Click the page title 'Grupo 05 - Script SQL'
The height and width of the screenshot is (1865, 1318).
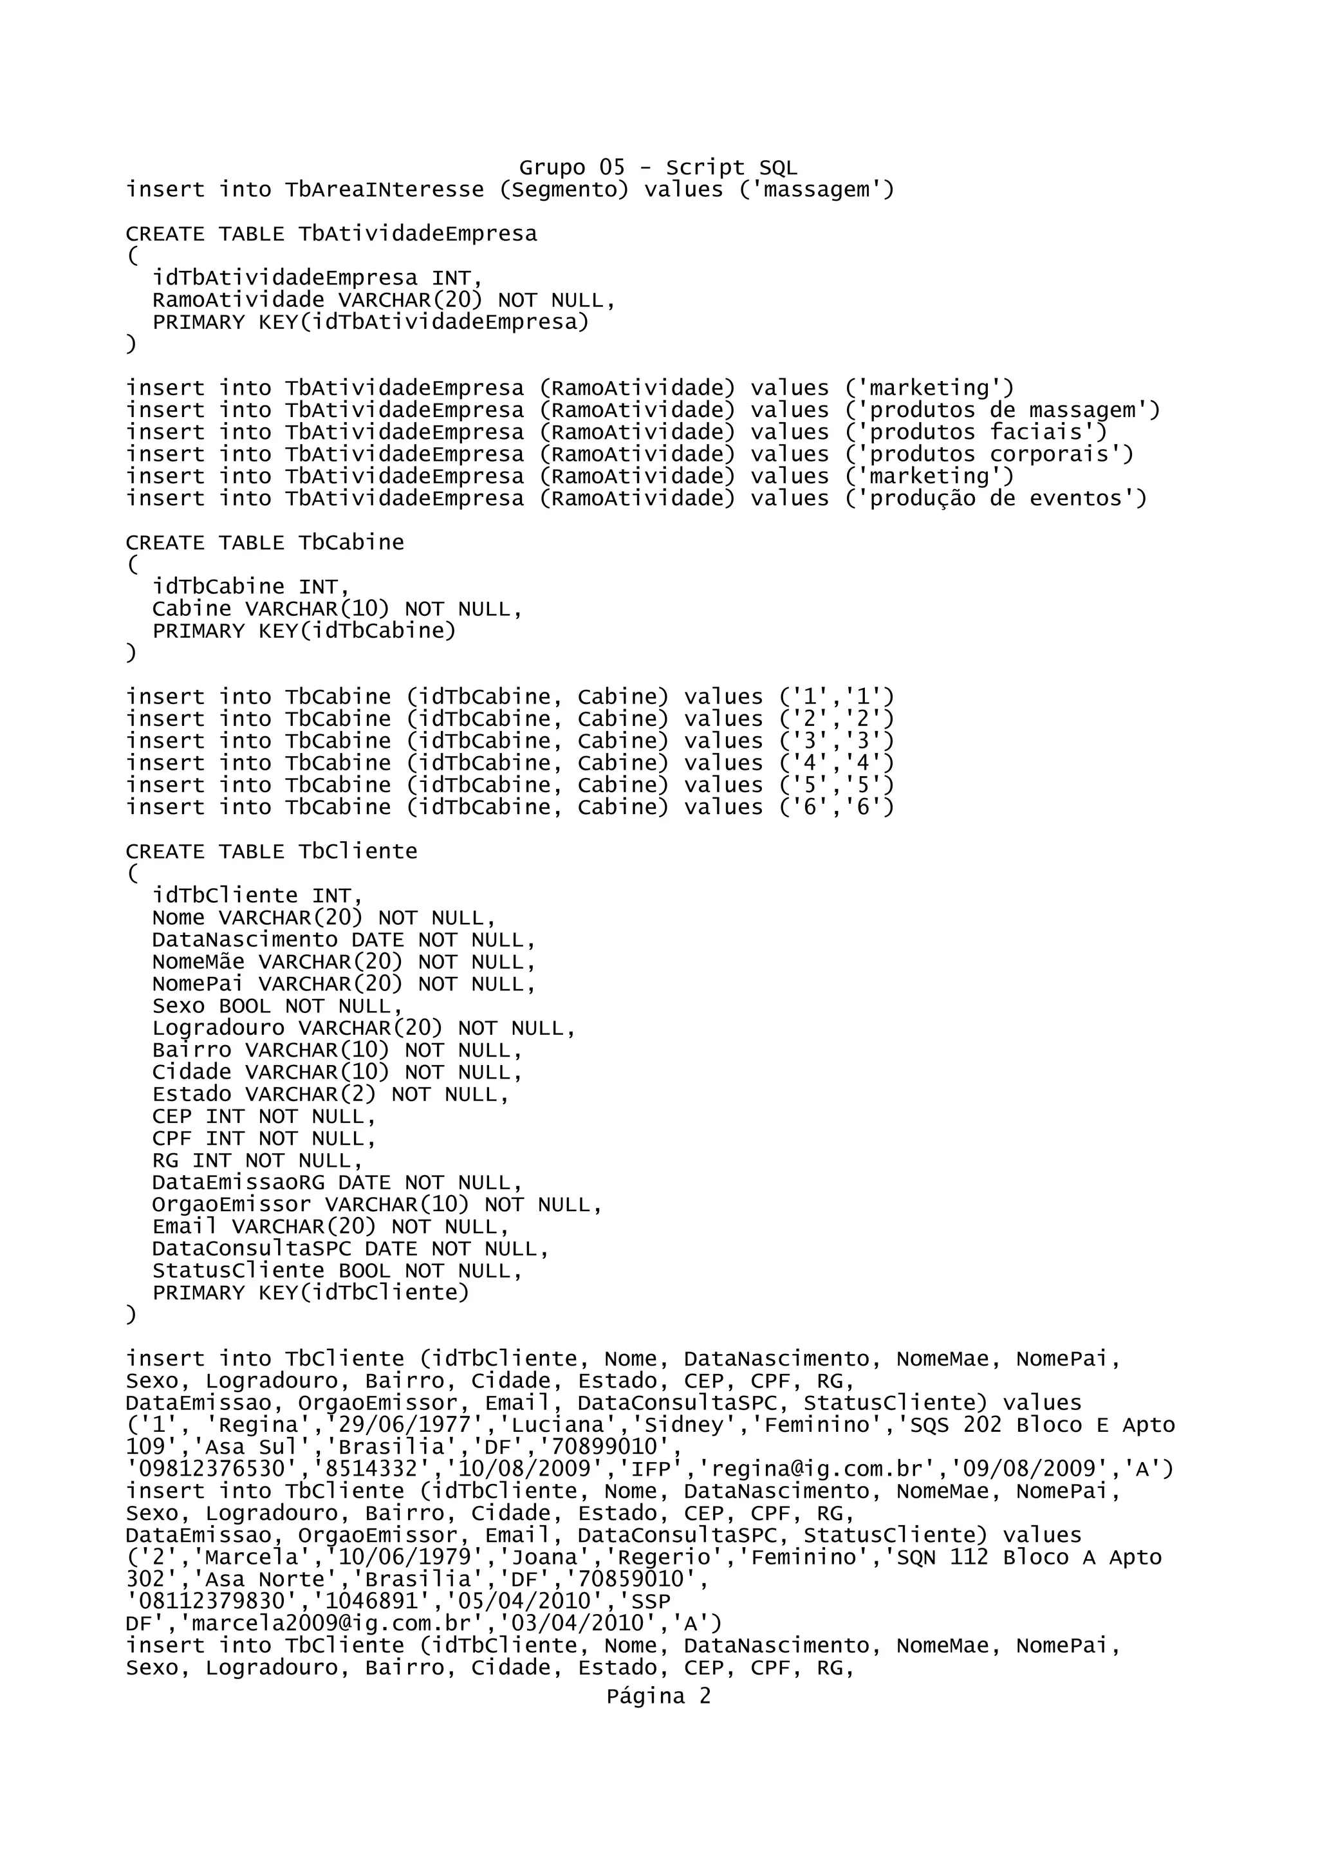point(658,167)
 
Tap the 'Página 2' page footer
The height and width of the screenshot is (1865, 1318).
point(658,1696)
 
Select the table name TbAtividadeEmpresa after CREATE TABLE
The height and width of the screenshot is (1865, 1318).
point(418,234)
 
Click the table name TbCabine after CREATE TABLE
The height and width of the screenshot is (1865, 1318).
point(351,543)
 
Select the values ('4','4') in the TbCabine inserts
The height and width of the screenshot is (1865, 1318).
point(837,763)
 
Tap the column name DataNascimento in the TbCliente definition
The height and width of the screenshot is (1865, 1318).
point(245,940)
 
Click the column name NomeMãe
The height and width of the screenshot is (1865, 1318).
point(198,961)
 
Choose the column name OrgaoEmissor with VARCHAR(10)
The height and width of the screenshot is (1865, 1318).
point(232,1205)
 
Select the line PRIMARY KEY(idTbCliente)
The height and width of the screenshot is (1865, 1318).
point(311,1293)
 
